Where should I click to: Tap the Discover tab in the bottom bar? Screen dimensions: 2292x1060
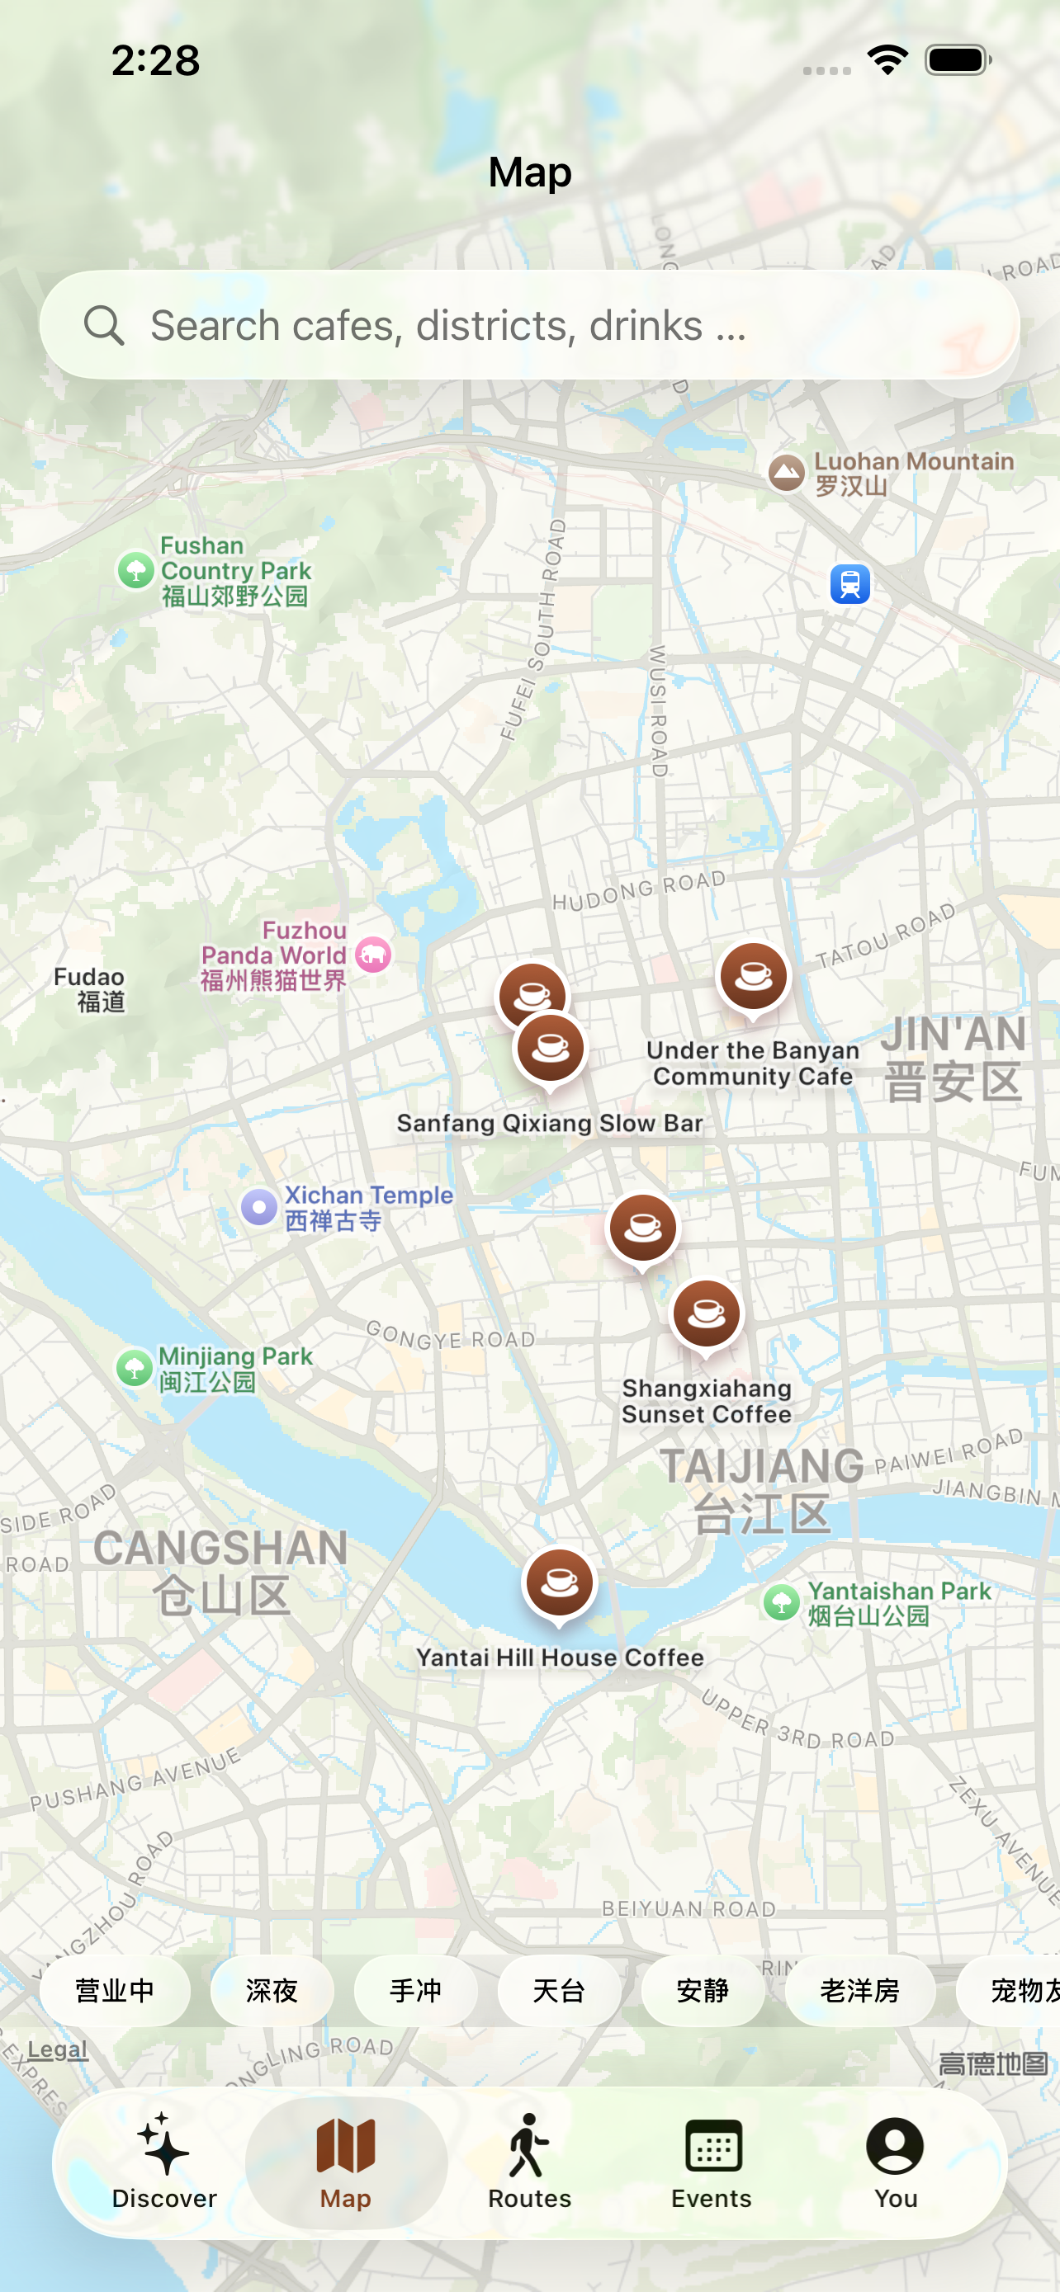click(x=163, y=2162)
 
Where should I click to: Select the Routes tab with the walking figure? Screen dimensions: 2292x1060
click(x=529, y=2162)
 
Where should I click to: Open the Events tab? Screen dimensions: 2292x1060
click(x=712, y=2162)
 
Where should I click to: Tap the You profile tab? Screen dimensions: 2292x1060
click(x=896, y=2162)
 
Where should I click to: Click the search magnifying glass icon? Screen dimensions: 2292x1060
click(x=104, y=326)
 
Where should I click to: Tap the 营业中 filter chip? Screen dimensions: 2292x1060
click(x=115, y=1990)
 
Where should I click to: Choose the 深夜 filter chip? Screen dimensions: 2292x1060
click(x=272, y=1990)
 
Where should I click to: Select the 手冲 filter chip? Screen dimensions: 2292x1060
click(x=415, y=1990)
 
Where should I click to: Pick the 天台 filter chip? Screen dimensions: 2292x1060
click(x=559, y=1990)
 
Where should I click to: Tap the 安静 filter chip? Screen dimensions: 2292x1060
click(x=703, y=1990)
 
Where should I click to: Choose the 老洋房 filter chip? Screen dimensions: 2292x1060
click(x=859, y=1990)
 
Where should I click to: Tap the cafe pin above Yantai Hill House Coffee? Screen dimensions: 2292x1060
click(x=559, y=1583)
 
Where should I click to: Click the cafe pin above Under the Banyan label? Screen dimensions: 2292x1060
click(x=753, y=977)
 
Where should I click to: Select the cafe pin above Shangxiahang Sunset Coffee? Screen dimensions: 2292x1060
click(x=707, y=1314)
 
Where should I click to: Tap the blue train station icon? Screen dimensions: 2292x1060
click(x=850, y=585)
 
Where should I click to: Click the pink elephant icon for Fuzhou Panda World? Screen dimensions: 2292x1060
click(x=373, y=955)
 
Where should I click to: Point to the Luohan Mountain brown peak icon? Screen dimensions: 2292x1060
click(x=787, y=473)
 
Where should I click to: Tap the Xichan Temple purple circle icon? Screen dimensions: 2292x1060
click(x=259, y=1207)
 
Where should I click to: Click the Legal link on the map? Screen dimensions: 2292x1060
click(x=57, y=2050)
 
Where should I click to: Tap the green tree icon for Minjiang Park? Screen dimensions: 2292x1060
click(x=135, y=1368)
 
